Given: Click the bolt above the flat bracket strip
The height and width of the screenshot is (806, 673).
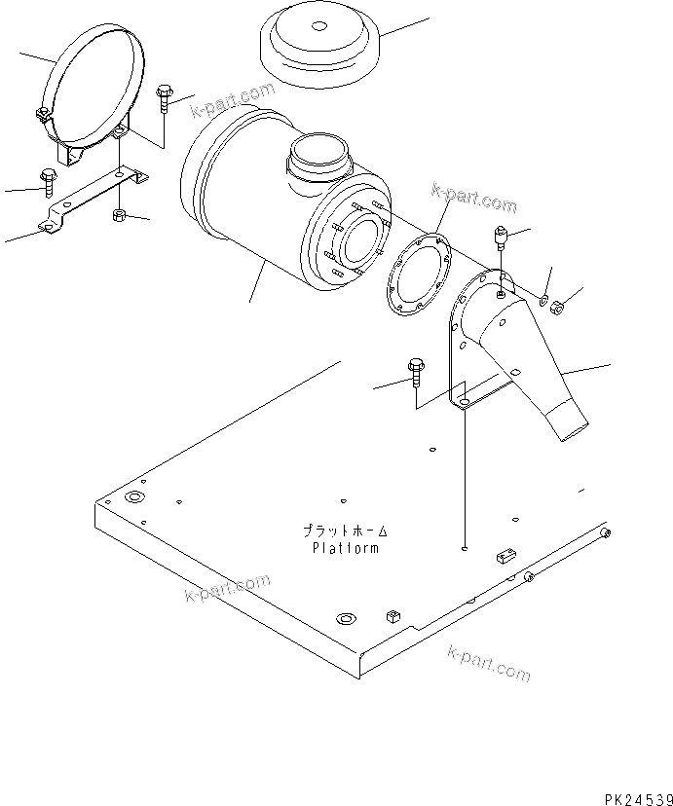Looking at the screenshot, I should coord(48,180).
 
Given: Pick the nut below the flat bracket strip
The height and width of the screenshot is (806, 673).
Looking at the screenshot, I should coord(119,213).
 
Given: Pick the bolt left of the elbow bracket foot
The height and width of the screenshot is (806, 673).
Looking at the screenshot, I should coord(415,369).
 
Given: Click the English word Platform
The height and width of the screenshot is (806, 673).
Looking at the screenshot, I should coord(345,548).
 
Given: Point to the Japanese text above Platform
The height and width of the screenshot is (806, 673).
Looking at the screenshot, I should coord(345,531).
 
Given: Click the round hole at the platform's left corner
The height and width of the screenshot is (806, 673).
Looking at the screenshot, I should coord(133,498).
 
